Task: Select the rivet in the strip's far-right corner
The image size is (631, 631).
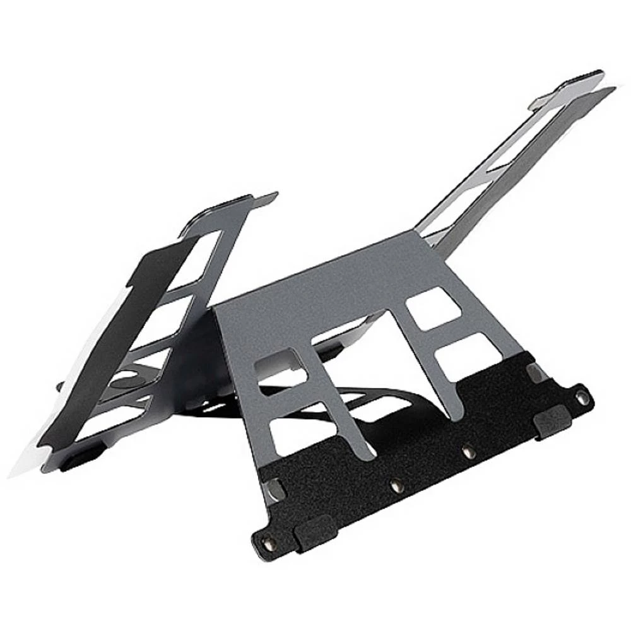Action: tap(582, 398)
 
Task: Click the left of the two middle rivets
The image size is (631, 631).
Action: tap(396, 485)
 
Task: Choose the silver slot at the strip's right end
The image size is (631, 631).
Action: tap(535, 372)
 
